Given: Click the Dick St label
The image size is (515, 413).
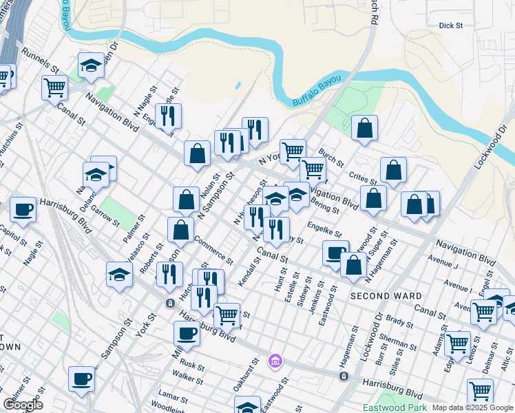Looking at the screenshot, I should [451, 25].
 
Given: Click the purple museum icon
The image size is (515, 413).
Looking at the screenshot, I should [275, 361].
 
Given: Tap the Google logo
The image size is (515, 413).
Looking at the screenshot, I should [23, 405].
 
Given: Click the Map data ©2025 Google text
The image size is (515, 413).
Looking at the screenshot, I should [472, 407].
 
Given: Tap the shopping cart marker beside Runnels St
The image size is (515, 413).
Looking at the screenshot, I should [54, 88].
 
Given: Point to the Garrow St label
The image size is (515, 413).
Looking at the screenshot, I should [105, 213].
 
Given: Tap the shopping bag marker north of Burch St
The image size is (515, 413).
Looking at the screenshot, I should [364, 128].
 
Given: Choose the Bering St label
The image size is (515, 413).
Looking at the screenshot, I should [325, 205].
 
